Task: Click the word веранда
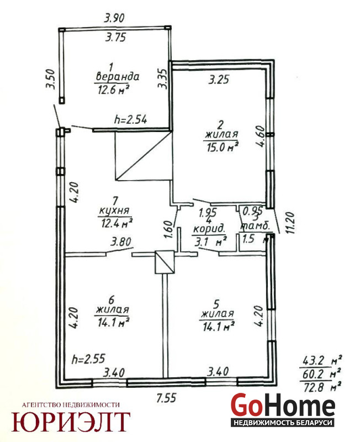(118, 77)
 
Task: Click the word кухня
(114, 211)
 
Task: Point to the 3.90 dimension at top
(114, 18)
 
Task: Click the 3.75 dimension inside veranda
(115, 37)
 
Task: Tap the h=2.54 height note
(130, 119)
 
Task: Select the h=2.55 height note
(88, 359)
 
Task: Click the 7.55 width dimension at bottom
(167, 398)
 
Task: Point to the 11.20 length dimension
(290, 223)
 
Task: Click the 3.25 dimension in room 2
(219, 80)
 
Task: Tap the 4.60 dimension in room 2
(260, 136)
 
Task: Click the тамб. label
(255, 225)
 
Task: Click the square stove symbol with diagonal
(165, 262)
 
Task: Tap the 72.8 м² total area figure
(322, 387)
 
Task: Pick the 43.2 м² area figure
(322, 361)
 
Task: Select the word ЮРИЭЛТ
(71, 422)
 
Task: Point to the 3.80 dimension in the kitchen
(121, 242)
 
